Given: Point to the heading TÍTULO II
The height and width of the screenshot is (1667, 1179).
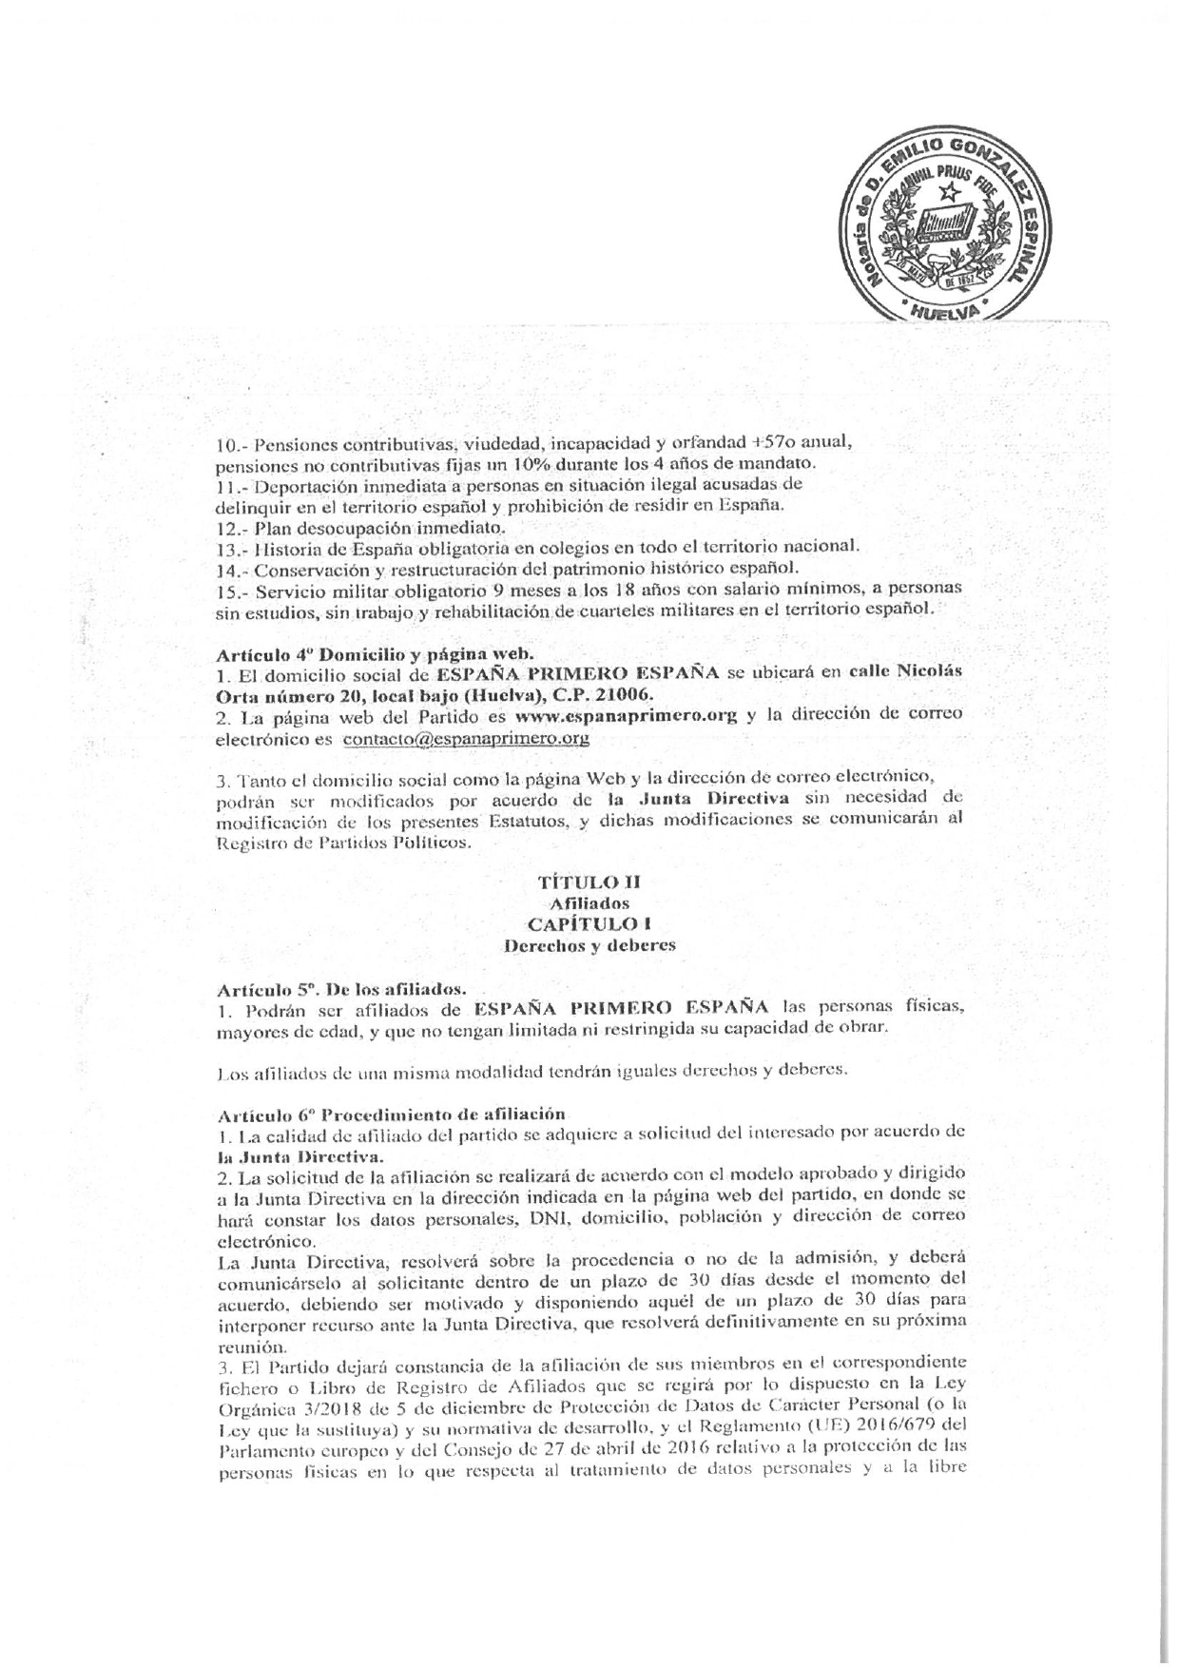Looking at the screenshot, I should (x=589, y=882).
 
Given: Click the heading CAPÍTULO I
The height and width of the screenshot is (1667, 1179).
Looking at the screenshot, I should (x=589, y=923).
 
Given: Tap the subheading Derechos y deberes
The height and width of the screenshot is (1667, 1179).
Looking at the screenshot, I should (x=589, y=945).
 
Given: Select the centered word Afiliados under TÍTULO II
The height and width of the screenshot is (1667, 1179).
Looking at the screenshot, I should (x=589, y=903).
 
